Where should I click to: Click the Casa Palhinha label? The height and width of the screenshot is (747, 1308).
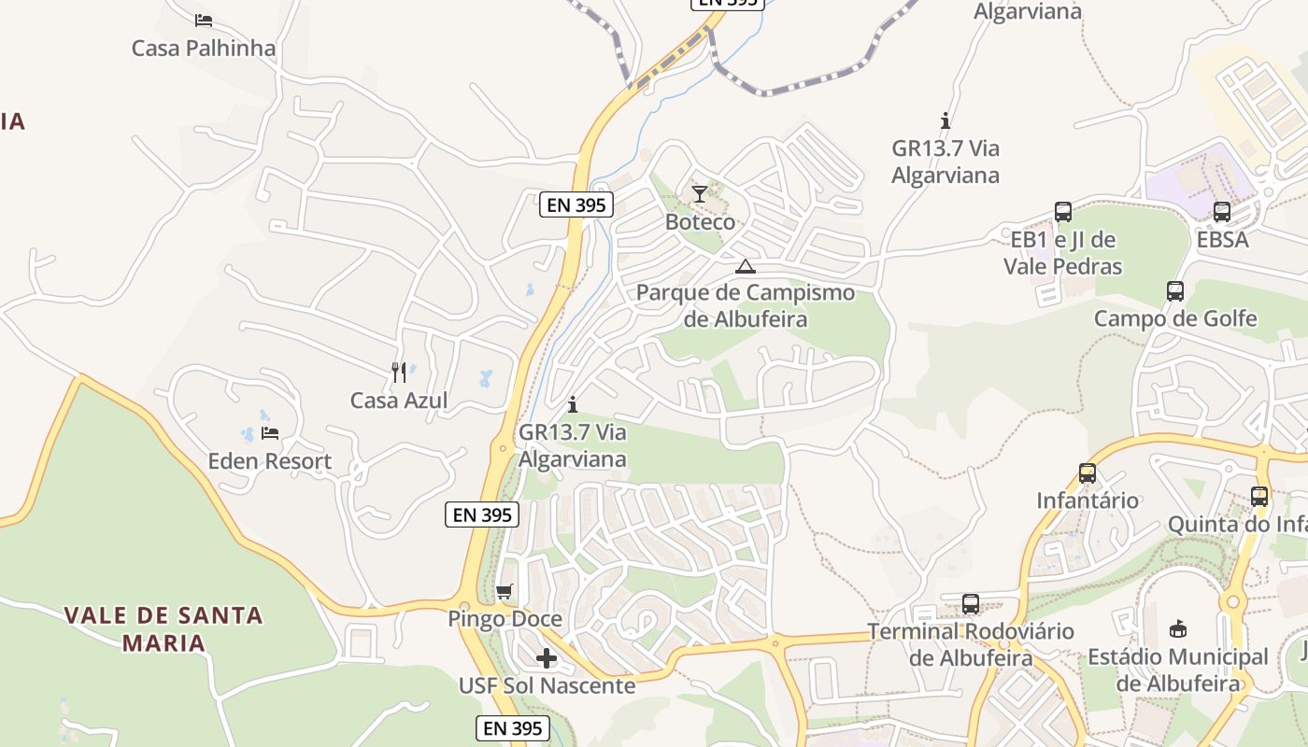[204, 48]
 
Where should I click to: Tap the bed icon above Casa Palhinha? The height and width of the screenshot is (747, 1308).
[204, 20]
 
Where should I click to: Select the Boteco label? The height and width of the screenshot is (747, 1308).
[700, 222]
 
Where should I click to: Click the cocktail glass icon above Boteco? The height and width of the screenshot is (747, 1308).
[700, 194]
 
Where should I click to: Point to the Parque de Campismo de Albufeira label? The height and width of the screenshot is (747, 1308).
[745, 305]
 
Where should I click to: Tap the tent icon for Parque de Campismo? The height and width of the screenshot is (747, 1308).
[745, 267]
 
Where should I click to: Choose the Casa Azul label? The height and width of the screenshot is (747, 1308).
[399, 401]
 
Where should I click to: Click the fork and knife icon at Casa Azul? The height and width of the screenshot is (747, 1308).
[399, 373]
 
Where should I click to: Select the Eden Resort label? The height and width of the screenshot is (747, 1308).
[270, 461]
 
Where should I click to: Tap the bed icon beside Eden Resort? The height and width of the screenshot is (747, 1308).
[270, 433]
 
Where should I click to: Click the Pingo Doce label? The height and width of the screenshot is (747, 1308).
[505, 619]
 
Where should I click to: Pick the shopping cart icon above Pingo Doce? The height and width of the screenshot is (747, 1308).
[505, 591]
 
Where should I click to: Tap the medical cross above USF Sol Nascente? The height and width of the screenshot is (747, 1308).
[547, 658]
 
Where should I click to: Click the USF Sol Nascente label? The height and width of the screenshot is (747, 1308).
[547, 686]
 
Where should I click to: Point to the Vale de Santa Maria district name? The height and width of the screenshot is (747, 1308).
[163, 628]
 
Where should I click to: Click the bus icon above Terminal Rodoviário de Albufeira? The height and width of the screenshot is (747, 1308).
[971, 604]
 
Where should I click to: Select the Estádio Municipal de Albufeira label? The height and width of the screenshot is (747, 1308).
[1177, 669]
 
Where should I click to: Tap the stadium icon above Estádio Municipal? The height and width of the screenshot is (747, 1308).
[1177, 629]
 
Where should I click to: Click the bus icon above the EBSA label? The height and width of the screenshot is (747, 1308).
[1222, 212]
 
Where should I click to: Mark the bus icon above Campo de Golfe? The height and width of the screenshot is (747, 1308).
[1175, 291]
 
